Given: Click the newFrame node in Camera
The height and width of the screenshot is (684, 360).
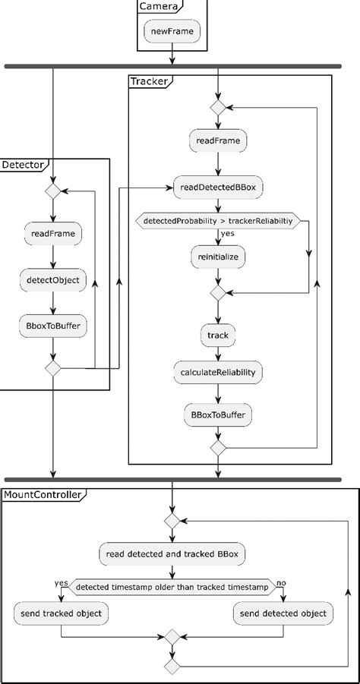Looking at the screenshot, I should click(173, 32).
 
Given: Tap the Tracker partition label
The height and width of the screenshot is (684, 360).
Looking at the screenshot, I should click(148, 81).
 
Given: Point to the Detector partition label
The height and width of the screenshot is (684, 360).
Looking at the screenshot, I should click(24, 165).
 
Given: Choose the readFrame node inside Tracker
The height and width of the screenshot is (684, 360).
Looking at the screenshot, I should click(218, 141).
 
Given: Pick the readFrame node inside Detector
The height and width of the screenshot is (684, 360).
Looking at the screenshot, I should click(53, 232).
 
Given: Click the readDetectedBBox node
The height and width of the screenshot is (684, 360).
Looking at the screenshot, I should click(218, 186).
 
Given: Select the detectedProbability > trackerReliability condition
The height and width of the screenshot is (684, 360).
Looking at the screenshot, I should click(217, 221).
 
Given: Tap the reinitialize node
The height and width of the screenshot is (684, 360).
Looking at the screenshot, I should click(218, 257).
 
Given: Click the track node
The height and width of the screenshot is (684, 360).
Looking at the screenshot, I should click(218, 334).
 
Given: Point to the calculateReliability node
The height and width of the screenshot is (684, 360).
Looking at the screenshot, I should click(218, 372).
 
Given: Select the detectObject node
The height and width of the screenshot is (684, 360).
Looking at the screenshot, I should click(53, 279).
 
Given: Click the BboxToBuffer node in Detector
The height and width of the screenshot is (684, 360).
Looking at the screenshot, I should click(53, 326).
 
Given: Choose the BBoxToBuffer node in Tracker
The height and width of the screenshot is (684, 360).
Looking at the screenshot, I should click(218, 415).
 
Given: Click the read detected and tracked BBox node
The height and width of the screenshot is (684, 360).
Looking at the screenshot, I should click(172, 553).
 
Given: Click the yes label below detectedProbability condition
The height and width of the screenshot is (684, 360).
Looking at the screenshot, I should click(228, 235).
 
